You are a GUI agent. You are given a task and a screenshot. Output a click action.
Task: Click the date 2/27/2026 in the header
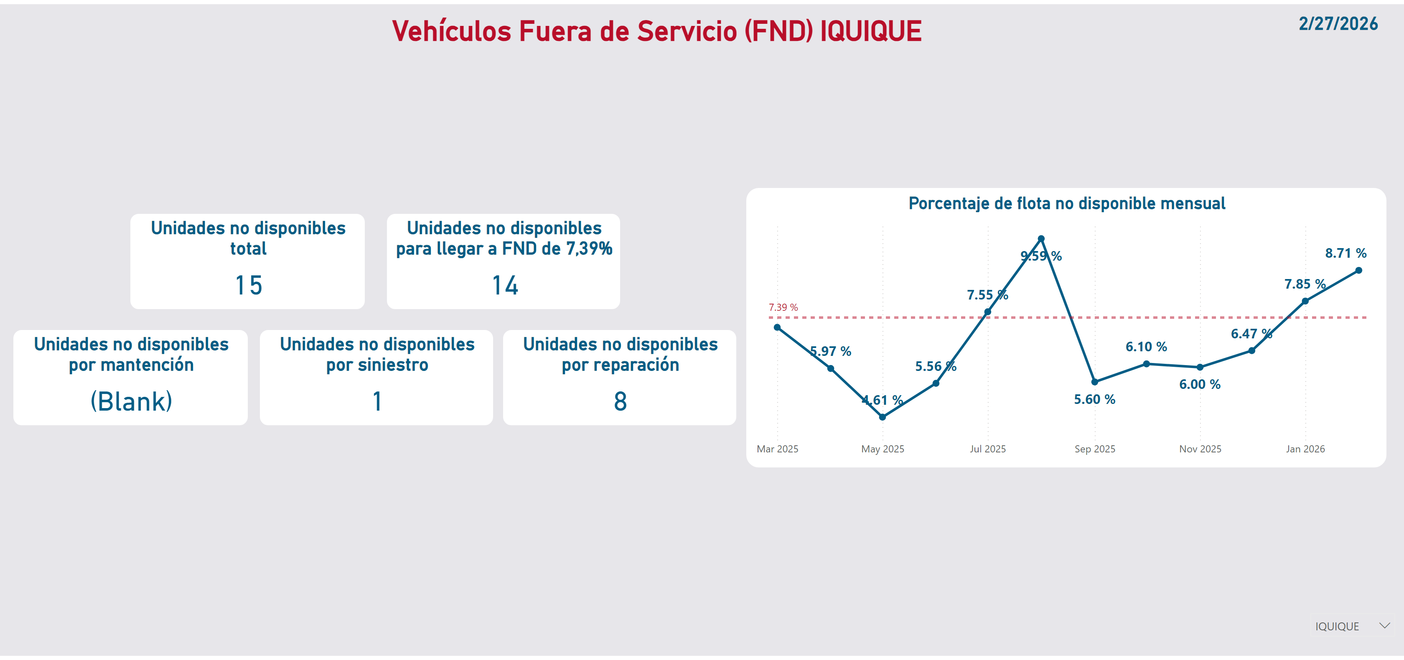[1338, 24]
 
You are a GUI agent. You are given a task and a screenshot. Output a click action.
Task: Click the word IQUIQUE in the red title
[870, 32]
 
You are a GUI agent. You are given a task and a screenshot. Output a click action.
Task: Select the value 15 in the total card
[249, 286]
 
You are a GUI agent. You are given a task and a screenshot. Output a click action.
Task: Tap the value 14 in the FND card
[505, 286]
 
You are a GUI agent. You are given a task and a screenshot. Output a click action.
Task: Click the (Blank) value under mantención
[131, 402]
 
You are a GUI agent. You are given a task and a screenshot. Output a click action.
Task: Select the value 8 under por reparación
[620, 402]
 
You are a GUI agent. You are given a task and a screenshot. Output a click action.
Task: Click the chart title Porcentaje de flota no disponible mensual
[1067, 204]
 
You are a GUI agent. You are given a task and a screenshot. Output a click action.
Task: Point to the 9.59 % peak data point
[1041, 239]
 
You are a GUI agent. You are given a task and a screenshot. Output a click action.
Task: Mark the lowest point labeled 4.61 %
[883, 417]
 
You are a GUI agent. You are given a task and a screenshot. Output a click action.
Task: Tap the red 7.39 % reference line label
[783, 307]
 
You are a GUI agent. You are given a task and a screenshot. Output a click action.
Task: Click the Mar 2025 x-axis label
[777, 449]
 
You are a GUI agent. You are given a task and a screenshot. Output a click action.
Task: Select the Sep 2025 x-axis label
[1094, 449]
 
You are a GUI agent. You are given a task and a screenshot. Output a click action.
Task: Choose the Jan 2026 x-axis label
[1305, 449]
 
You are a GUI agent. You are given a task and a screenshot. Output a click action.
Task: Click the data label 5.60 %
[1094, 399]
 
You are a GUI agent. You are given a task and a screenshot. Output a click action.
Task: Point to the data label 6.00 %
[1200, 385]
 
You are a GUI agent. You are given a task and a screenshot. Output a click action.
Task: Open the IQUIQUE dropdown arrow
[1384, 626]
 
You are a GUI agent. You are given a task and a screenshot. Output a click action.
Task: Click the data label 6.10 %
[1146, 347]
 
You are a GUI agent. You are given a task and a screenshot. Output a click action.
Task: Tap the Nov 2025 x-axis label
[1200, 449]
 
